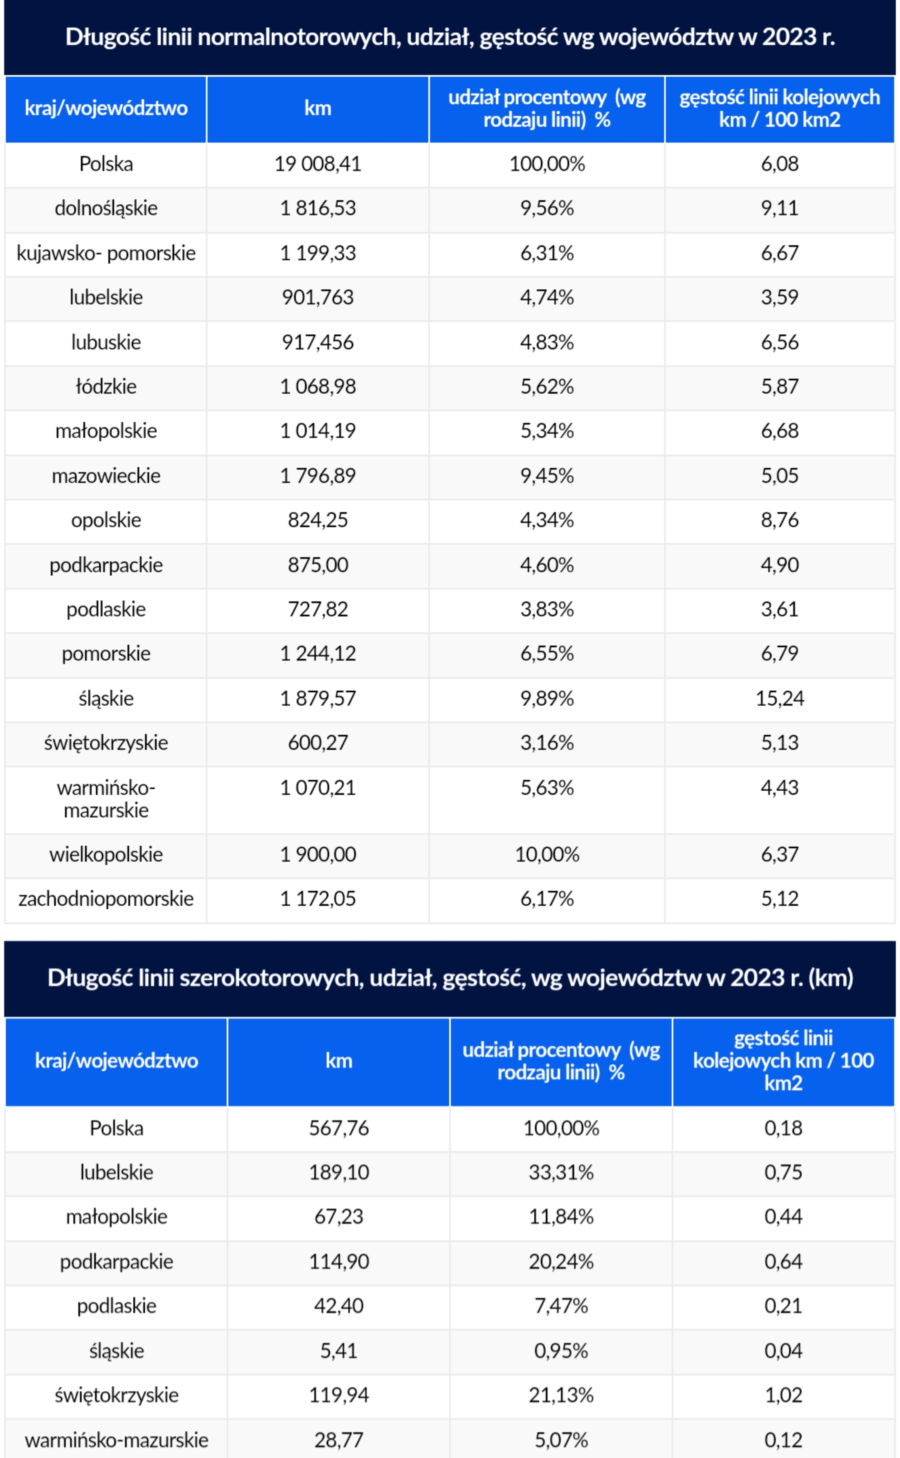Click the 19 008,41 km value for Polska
tap(318, 164)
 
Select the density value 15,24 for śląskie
tap(780, 698)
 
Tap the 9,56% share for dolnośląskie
tap(547, 208)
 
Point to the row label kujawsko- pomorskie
tap(106, 253)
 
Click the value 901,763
tap(318, 297)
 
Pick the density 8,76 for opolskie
tap(780, 520)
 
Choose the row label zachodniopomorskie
tap(106, 899)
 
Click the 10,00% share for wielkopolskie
tap(547, 855)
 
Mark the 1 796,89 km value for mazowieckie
tap(318, 476)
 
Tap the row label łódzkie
tap(106, 387)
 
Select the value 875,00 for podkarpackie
tap(318, 565)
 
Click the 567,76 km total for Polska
tap(339, 1128)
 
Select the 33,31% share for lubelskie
tap(561, 1172)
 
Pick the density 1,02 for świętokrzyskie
tap(783, 1395)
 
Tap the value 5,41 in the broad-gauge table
tap(339, 1351)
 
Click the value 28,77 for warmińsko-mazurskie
tap(339, 1440)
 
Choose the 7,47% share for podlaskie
tap(561, 1306)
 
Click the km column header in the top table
tap(318, 108)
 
